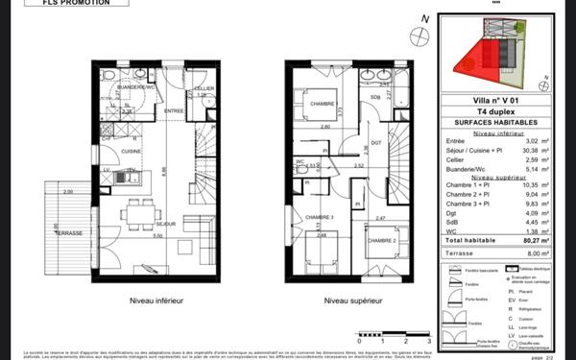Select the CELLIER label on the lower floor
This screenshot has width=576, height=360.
click(203, 88)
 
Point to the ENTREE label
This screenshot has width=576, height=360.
click(173, 111)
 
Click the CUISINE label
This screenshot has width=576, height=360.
click(131, 152)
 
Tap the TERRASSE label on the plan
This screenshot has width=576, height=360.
click(69, 233)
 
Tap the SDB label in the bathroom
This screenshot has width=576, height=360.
click(374, 97)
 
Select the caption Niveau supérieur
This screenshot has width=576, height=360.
click(354, 300)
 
